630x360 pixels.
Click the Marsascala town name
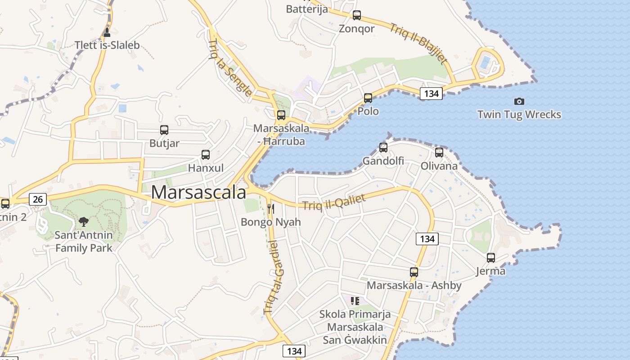198,192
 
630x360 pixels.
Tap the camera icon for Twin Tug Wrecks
519,102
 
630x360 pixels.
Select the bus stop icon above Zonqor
357,15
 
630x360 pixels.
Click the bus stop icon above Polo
368,98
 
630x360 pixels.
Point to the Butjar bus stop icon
164,130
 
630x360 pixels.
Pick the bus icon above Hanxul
206,155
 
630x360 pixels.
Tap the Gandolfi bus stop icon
383,147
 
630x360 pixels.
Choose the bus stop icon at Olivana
439,153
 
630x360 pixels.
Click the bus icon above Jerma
491,258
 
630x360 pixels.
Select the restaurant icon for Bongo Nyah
271,209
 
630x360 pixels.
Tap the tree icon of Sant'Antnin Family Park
84,221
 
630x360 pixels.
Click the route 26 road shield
38,199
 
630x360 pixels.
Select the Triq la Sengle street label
230,68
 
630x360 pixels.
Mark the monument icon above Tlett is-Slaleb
107,32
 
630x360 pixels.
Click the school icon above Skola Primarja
355,301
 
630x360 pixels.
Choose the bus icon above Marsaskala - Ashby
414,272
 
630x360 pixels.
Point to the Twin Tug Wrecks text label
519,114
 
